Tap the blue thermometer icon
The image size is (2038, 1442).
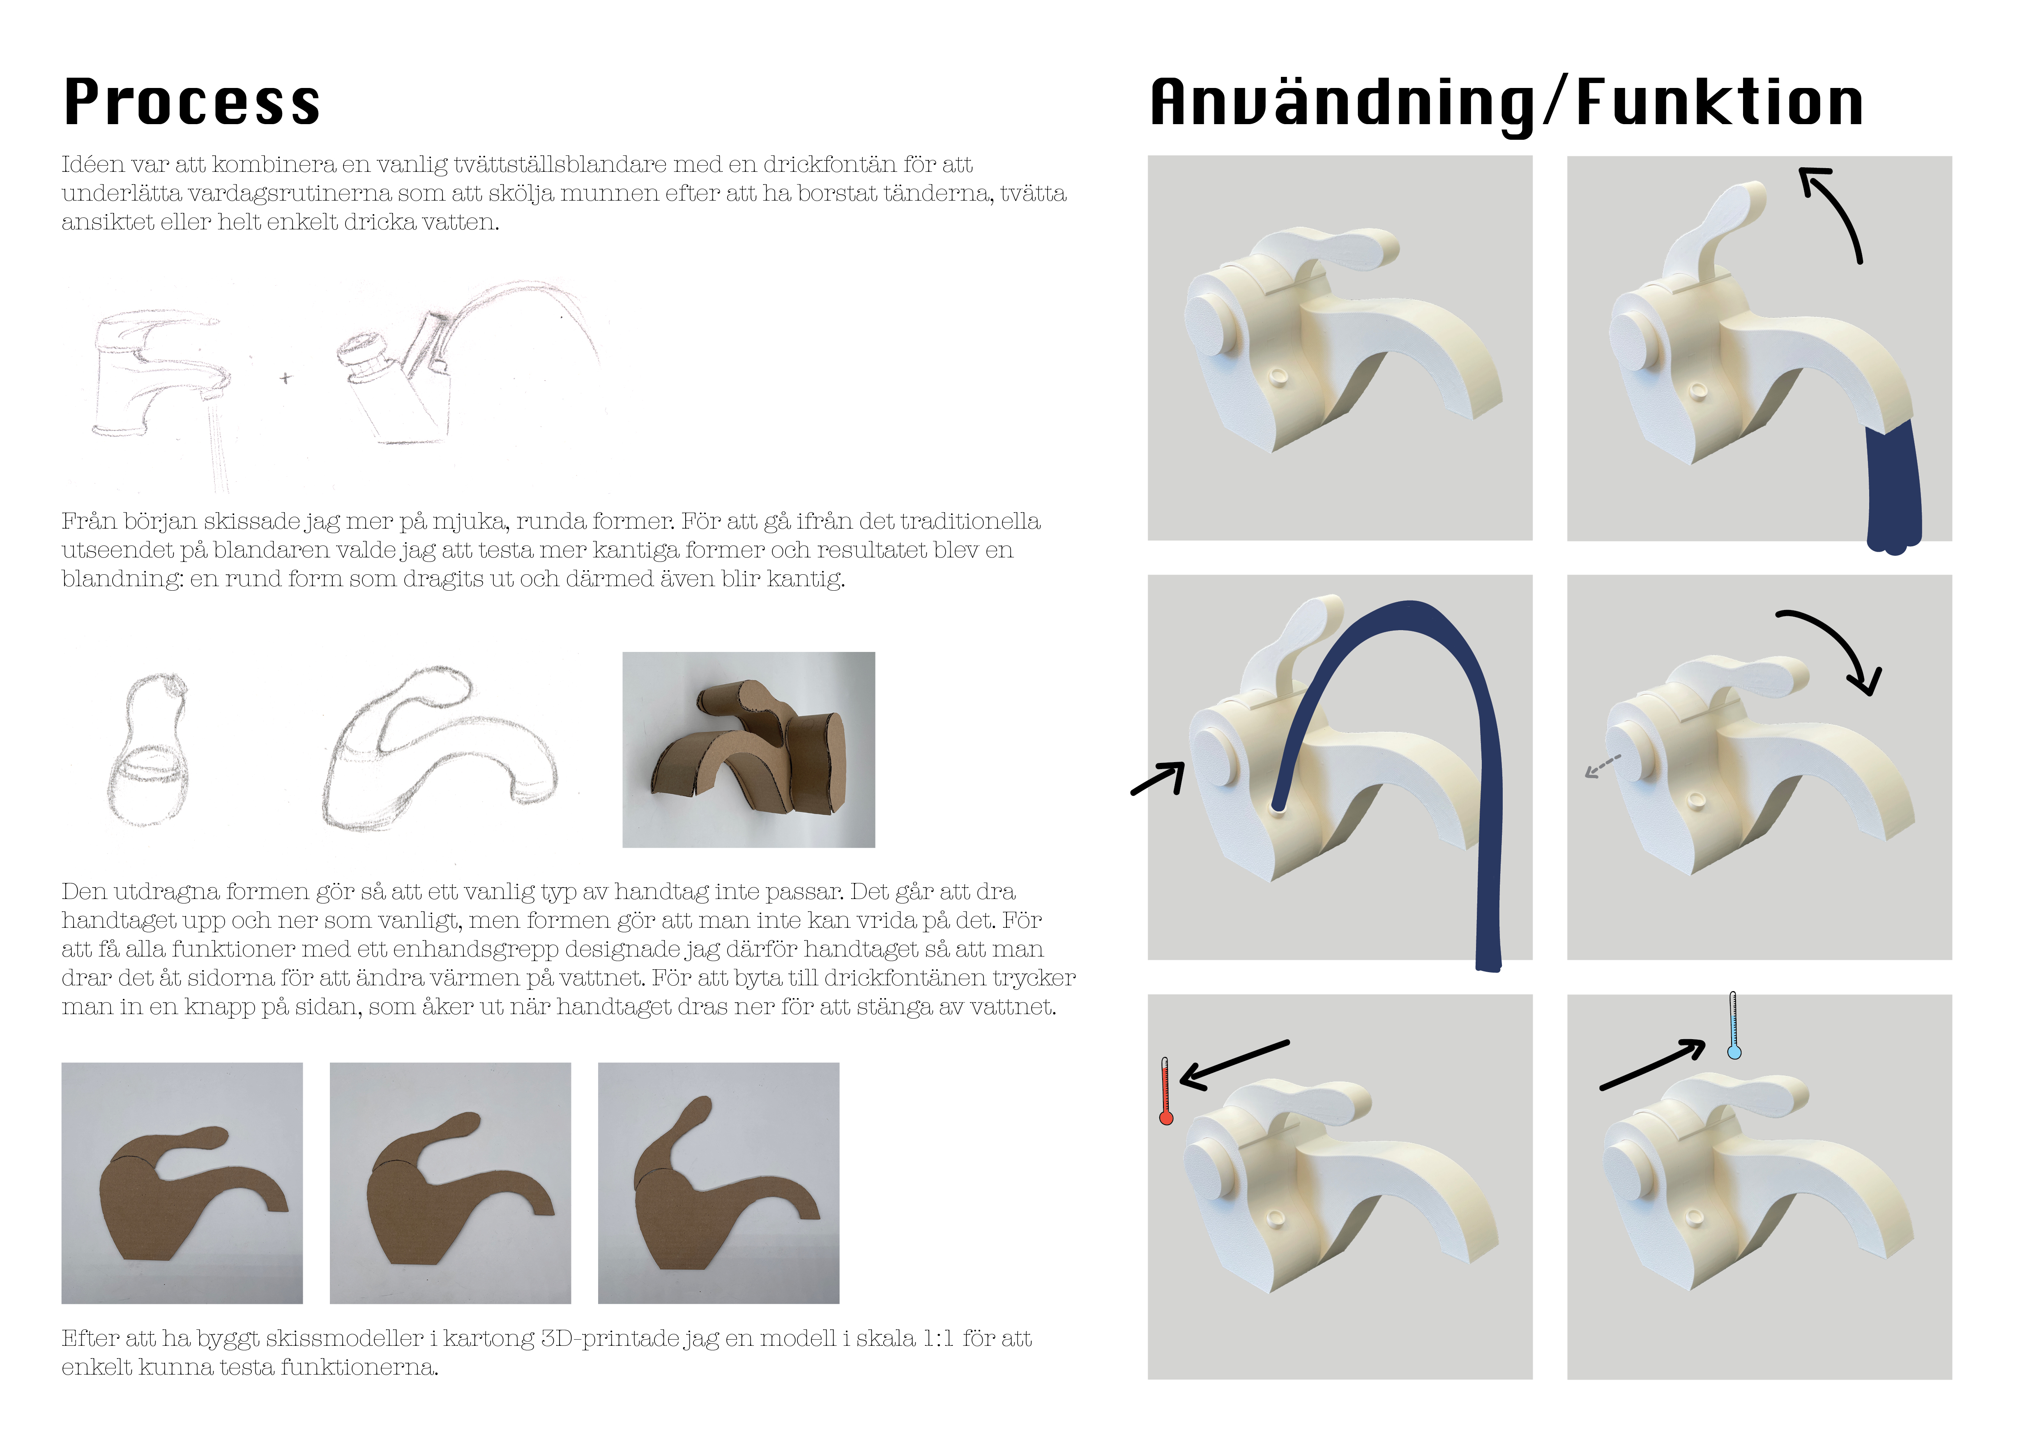coord(1734,1026)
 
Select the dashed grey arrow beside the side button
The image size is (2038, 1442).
coord(1603,766)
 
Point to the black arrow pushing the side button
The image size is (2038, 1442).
coord(1158,778)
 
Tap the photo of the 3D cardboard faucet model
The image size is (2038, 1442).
coord(748,749)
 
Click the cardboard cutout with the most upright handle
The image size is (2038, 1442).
coord(718,1183)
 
